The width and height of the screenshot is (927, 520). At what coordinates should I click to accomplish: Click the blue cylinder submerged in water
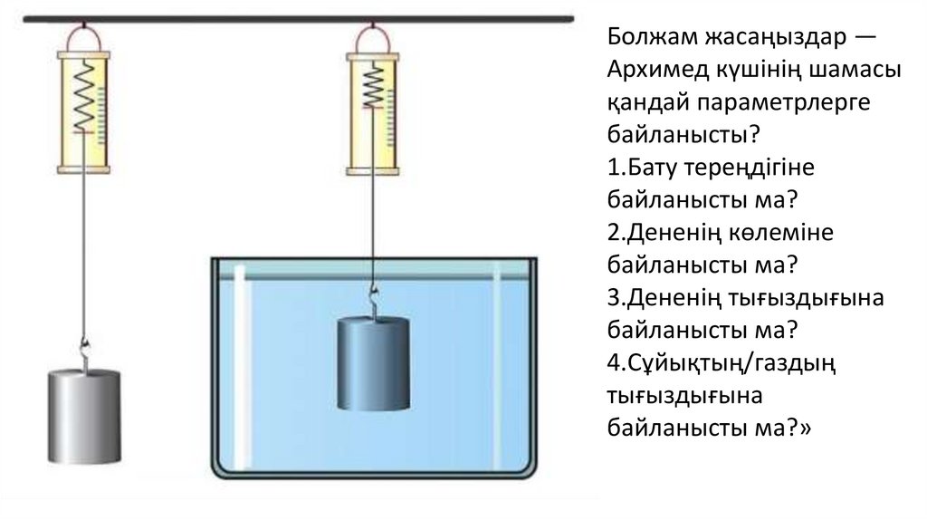373,363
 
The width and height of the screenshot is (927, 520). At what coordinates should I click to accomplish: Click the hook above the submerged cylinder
372,299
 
